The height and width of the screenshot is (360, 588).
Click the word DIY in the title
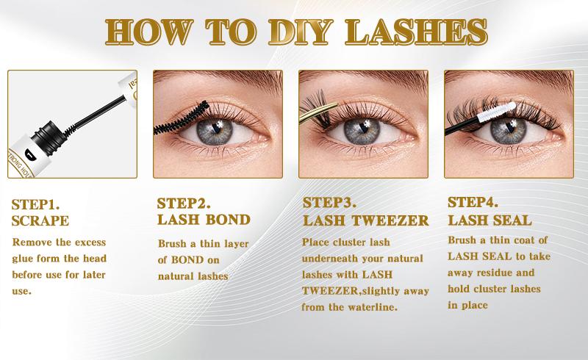[301, 32]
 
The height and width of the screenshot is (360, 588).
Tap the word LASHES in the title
[416, 32]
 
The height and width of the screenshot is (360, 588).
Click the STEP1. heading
[35, 205]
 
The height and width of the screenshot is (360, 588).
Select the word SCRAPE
[40, 221]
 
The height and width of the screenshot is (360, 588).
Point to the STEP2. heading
[184, 204]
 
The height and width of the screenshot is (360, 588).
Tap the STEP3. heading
[329, 203]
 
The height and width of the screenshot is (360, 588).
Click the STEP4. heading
[473, 203]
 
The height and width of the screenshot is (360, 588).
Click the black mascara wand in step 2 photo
[182, 118]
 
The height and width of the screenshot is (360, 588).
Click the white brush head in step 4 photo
[497, 112]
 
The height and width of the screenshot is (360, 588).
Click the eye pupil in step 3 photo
[362, 131]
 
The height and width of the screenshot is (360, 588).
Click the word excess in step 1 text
[90, 242]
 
